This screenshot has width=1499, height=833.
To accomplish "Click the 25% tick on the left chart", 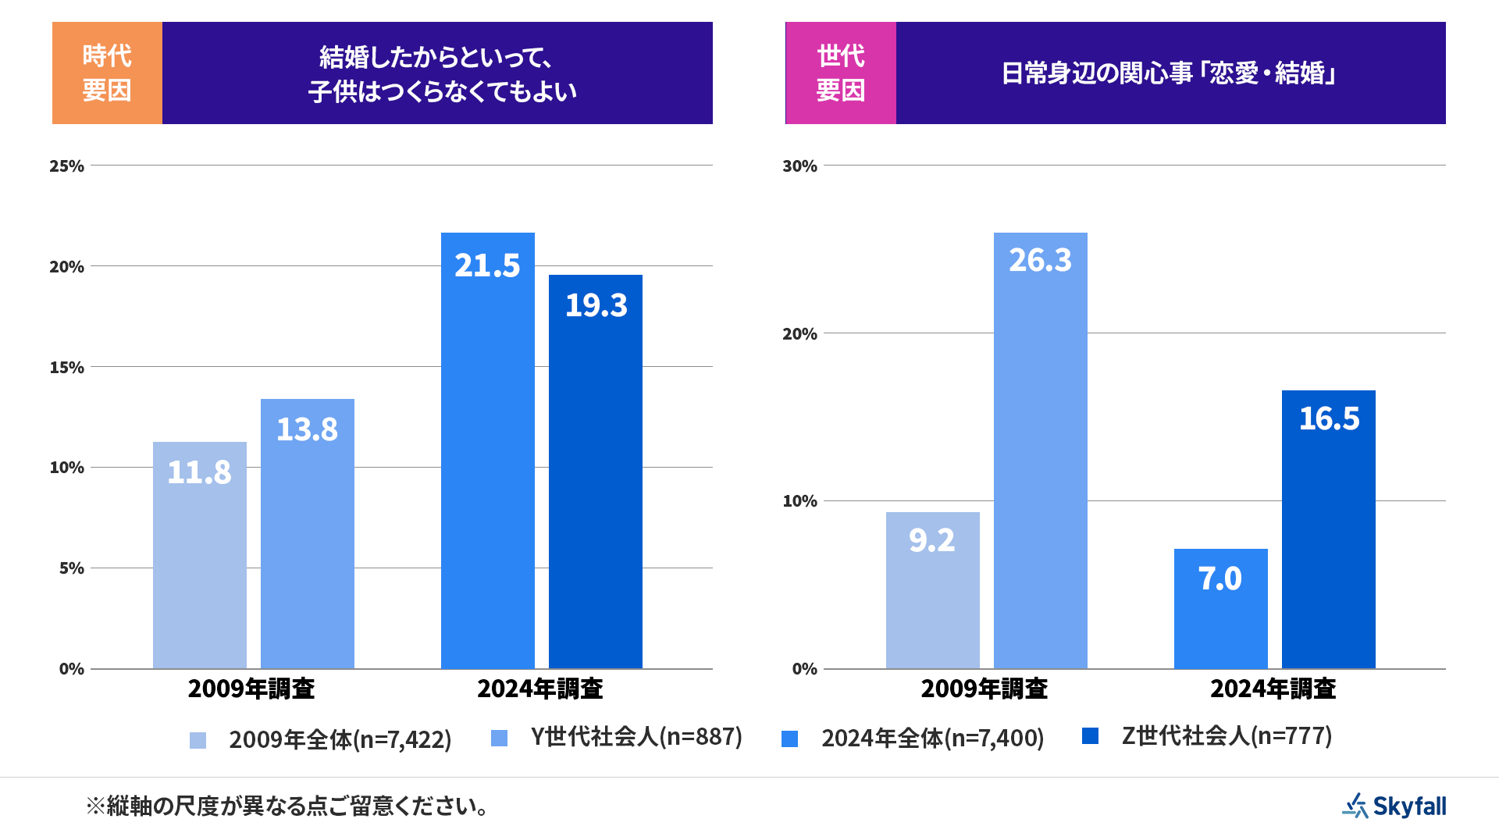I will pos(66,166).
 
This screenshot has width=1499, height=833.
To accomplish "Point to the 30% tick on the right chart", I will pos(799,166).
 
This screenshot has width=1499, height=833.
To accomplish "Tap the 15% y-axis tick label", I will pos(66,367).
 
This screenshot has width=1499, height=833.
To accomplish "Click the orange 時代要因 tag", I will pos(107,73).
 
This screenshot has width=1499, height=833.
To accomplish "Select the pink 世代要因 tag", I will pos(841,73).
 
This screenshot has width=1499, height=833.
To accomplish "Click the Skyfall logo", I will pos(1394,806).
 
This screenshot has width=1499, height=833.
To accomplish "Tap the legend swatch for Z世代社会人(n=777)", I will pos(1090,735).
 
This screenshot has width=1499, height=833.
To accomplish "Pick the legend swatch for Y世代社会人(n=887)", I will pos(499,738).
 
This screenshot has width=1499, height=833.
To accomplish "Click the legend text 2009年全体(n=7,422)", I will pos(340,739).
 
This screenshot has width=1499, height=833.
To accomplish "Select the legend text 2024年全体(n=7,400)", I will pos(932,738).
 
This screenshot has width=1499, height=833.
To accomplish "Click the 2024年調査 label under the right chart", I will pos(1273,689).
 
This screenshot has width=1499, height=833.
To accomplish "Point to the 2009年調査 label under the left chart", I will pos(251,689).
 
